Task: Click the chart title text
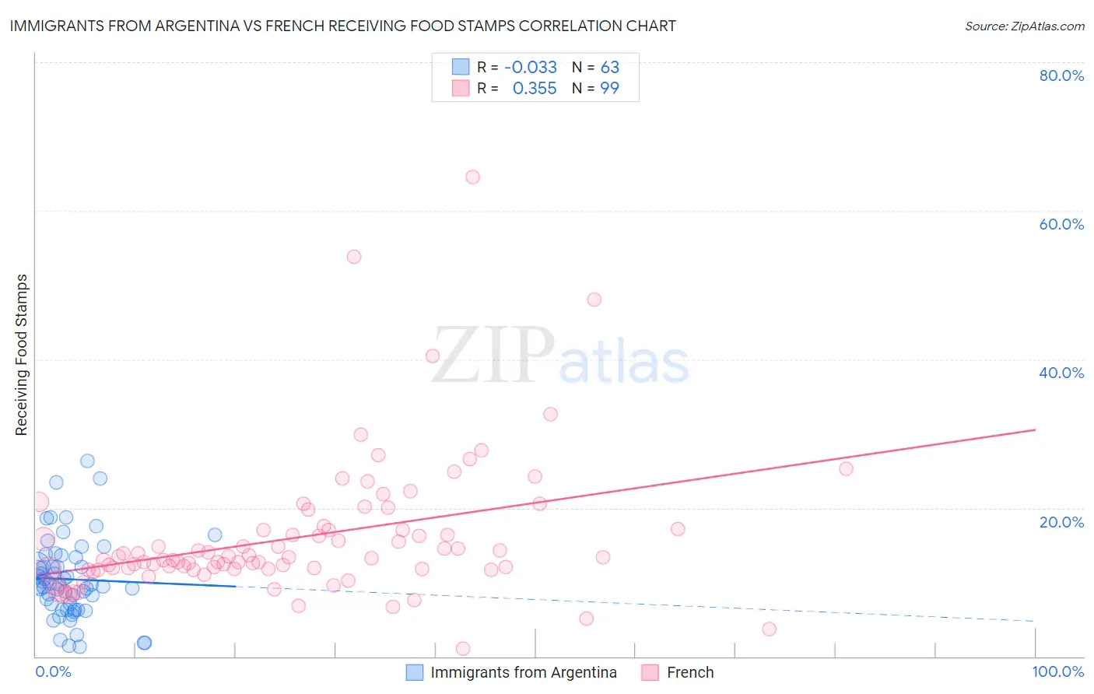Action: coord(342,26)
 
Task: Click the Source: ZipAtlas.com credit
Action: coord(1024,26)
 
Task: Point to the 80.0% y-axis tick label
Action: coord(1061,75)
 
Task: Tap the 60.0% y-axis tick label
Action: coord(1061,224)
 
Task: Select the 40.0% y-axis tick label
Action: coord(1061,373)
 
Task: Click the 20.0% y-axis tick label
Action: coord(1061,522)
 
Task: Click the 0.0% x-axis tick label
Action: coord(53,671)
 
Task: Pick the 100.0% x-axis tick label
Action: coord(1057,671)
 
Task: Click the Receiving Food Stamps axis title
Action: coord(22,355)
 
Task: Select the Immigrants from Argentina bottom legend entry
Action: coord(523,672)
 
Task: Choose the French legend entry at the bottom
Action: coord(689,672)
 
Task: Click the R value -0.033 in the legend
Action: coord(531,68)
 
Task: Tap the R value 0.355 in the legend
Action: coord(535,89)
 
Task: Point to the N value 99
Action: coord(609,89)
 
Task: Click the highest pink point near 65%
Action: coord(472,177)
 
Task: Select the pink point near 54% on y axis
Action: coord(354,257)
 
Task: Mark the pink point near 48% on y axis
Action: coord(594,300)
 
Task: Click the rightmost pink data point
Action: coord(847,468)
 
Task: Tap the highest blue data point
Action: coord(88,461)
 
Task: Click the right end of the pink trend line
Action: coord(1035,429)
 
